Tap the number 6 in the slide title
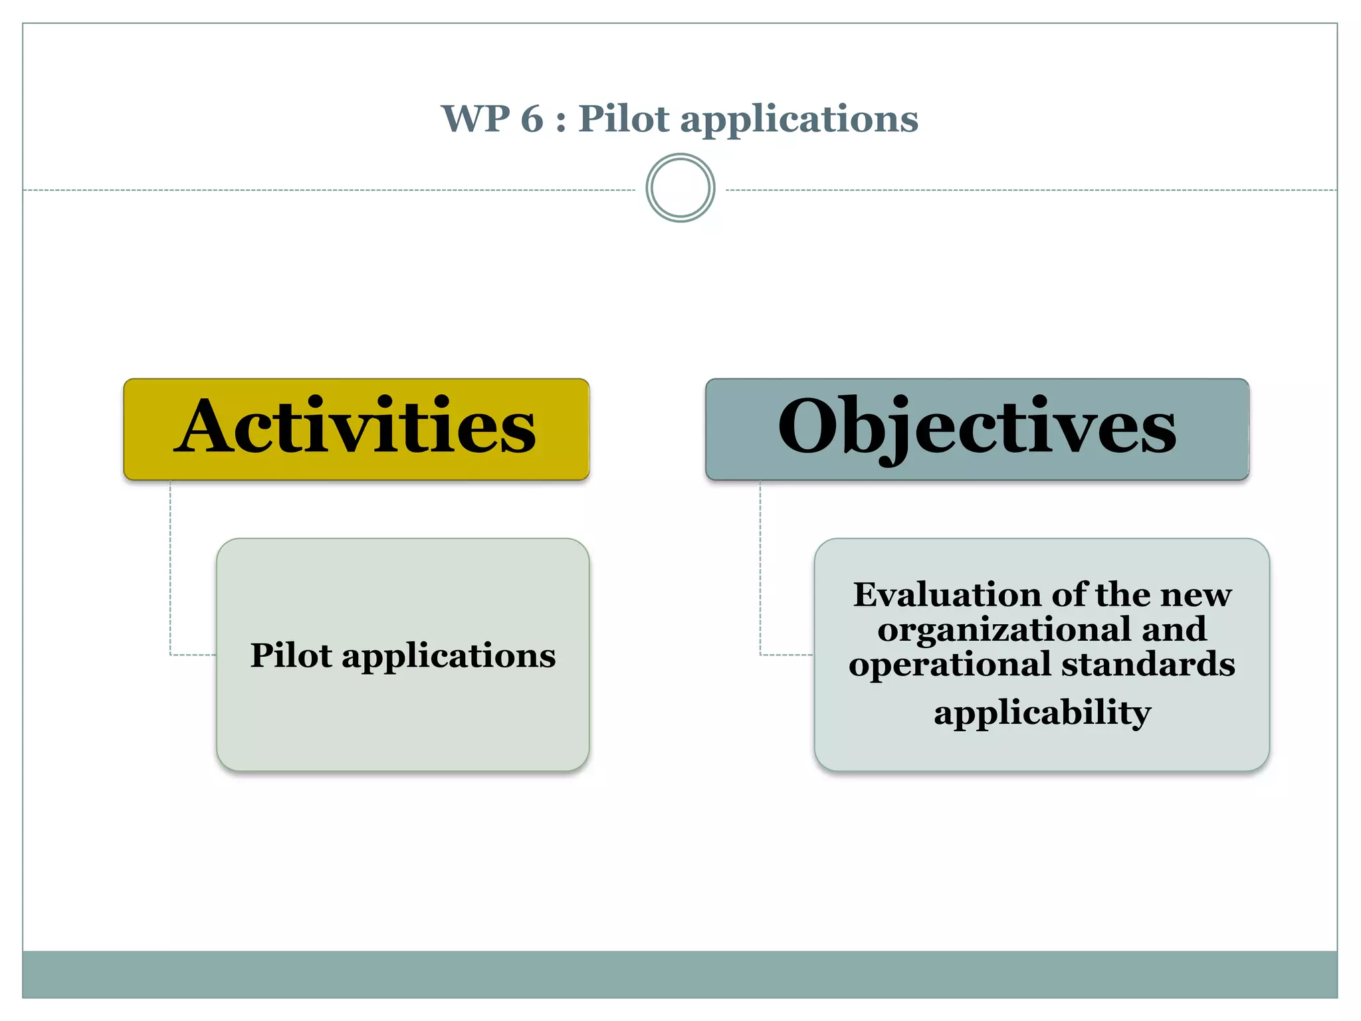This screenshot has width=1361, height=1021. pos(532,119)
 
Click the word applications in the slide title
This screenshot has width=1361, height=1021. pos(799,120)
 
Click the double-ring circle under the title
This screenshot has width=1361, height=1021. pos(680,188)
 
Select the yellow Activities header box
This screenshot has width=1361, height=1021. pos(356,429)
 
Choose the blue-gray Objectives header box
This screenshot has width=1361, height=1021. pos(977,429)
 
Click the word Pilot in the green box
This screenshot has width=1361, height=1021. pos(290,655)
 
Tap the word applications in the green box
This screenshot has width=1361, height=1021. pos(449,657)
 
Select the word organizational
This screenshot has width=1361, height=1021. pos(1004,630)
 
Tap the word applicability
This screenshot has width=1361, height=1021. pos(1042,713)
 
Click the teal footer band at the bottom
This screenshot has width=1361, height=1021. pos(680,974)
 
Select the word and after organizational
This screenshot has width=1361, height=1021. pos(1174,629)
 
